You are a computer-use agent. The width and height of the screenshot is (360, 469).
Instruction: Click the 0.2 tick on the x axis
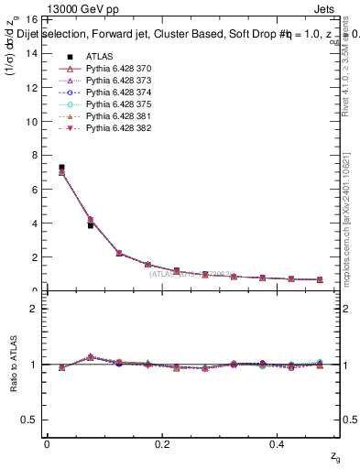coord(163,443)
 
